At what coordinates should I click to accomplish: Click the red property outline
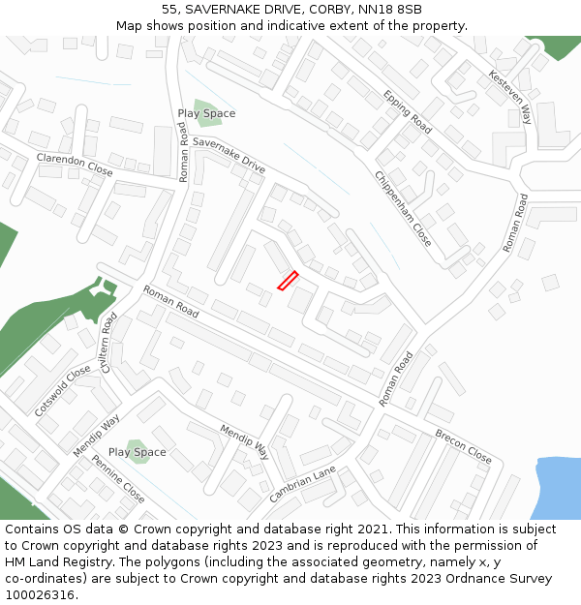(288, 280)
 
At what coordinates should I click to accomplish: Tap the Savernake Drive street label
(229, 155)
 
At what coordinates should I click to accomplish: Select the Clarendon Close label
(75, 165)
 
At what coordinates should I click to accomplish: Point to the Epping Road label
(407, 111)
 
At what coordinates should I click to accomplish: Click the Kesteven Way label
(510, 97)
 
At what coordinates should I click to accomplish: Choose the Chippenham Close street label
(403, 207)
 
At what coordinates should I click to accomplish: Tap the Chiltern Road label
(107, 342)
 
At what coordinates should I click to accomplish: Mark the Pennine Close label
(118, 479)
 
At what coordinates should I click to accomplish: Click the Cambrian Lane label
(302, 484)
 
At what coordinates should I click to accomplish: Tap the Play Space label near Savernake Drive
(206, 113)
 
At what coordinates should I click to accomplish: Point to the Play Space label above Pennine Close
(137, 452)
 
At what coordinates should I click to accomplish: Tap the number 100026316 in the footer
(40, 594)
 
